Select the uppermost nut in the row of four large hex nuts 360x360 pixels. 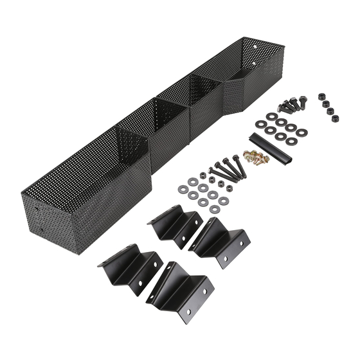[x=321, y=96]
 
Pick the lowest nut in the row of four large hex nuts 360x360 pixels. [x=334, y=118]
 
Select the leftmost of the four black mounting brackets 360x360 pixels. [x=129, y=264]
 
